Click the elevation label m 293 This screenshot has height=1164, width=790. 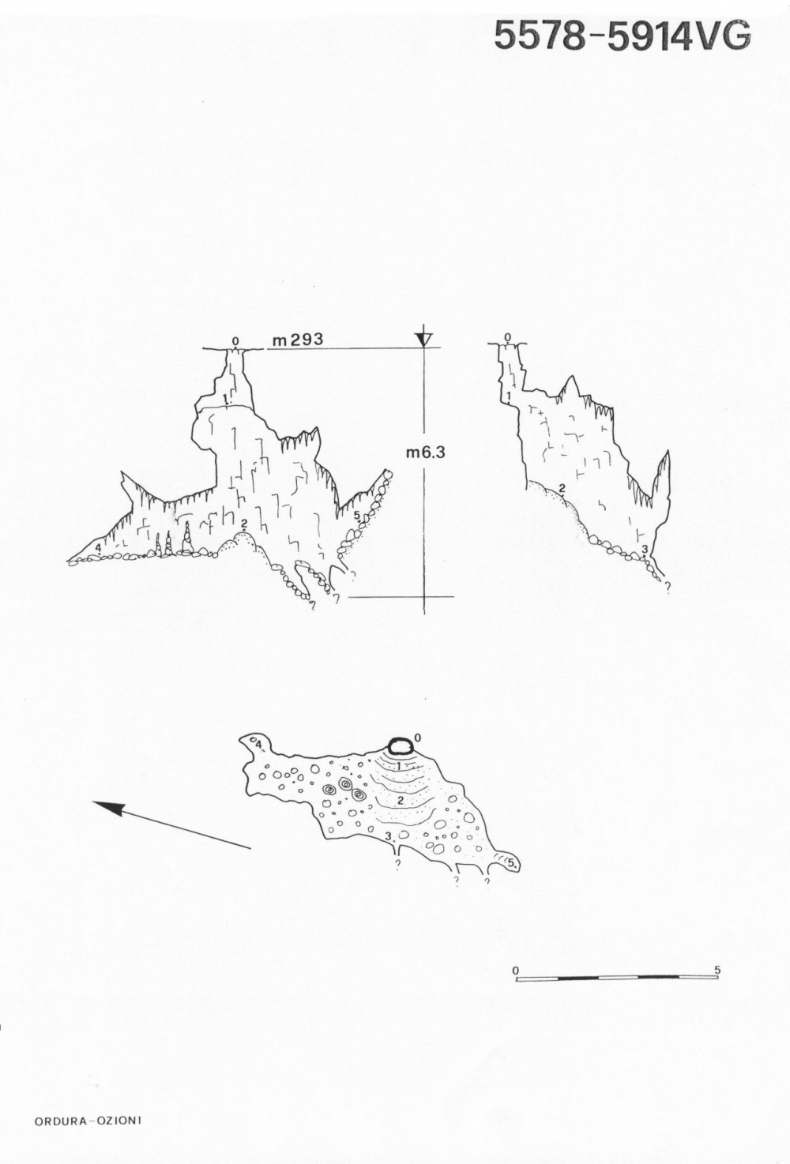click(298, 340)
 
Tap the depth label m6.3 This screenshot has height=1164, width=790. click(426, 453)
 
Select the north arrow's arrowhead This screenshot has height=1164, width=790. click(108, 808)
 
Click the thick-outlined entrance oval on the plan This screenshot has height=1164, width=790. click(401, 747)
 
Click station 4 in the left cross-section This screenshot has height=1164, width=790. click(98, 546)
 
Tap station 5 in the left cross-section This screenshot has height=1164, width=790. click(356, 516)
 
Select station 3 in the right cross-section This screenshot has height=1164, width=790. click(645, 548)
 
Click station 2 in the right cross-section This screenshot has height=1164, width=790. click(562, 488)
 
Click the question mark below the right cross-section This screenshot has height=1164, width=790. click(668, 586)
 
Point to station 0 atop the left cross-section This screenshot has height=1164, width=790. click(235, 341)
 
